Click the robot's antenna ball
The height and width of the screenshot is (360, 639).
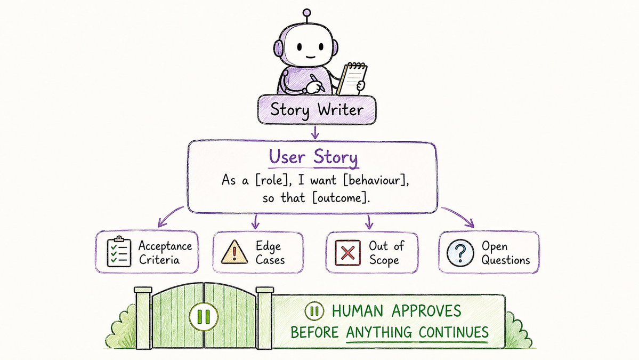[x=307, y=13]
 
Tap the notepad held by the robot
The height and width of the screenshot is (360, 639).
[x=353, y=79]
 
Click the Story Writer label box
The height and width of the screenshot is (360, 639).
[x=317, y=110]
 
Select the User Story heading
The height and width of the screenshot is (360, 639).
[x=313, y=157]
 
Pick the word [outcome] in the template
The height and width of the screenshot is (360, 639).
[x=342, y=198]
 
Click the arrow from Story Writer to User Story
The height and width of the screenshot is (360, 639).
[x=314, y=132]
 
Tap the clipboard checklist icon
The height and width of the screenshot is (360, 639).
[x=119, y=252]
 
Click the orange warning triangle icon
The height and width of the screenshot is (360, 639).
[x=234, y=252]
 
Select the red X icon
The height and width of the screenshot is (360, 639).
[x=347, y=252]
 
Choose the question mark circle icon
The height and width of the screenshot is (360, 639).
[x=460, y=253]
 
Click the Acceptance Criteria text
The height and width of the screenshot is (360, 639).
[x=165, y=253]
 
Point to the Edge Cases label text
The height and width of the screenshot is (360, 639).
[x=270, y=253]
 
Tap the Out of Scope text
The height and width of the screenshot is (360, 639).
[x=386, y=253]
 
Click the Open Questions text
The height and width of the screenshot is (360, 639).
[x=506, y=253]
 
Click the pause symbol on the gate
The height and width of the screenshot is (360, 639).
[x=204, y=316]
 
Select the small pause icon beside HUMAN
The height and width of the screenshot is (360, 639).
[x=314, y=311]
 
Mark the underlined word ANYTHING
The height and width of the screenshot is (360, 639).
[x=378, y=332]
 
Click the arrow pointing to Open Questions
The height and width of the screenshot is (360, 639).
[x=458, y=215]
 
